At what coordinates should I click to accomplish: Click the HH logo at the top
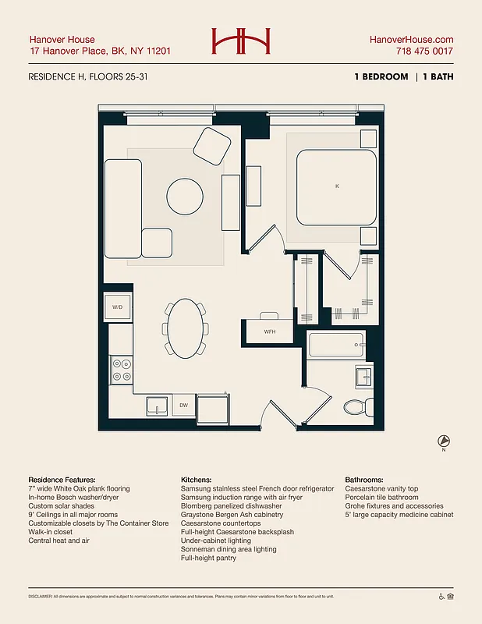point(240,41)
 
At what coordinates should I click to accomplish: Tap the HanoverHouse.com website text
point(412,40)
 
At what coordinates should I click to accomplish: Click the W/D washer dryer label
point(118,307)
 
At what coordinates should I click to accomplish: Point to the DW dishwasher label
point(183,406)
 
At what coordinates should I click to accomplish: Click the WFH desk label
point(270,331)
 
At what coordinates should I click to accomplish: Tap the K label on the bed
point(337,186)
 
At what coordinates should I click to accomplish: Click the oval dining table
point(186,328)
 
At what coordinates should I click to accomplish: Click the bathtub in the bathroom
point(336,344)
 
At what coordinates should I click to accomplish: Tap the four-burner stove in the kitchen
point(122,369)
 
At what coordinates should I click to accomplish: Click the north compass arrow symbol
point(443,441)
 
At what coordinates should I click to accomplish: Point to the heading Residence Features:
point(62,480)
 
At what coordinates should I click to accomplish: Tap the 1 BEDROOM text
point(380,77)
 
